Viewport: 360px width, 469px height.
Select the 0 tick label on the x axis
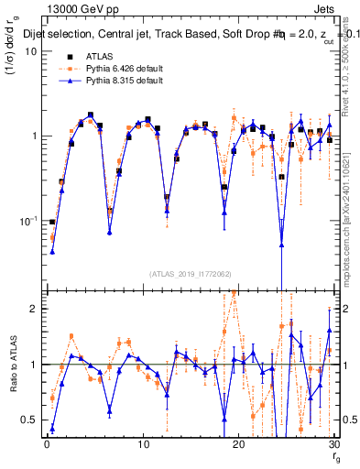(46, 443)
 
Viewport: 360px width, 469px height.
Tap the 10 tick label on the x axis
(142, 443)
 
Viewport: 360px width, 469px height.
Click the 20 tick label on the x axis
(238, 443)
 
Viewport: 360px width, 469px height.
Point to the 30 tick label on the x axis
(333, 443)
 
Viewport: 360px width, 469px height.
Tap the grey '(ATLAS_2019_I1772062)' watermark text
(191, 272)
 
